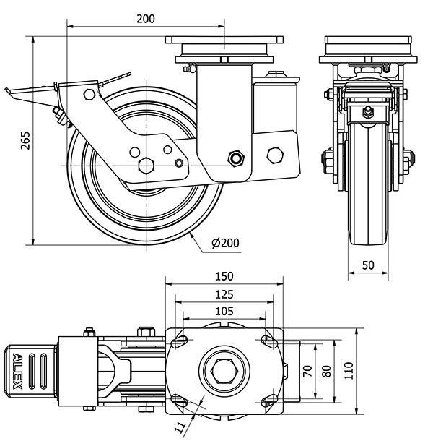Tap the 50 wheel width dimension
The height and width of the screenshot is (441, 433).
(368, 265)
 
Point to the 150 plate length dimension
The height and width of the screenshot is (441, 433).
(224, 275)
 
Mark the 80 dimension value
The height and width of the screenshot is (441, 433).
(326, 372)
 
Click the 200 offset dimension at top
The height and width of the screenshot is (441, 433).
(145, 20)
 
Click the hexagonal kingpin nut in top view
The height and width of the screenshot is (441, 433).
(223, 372)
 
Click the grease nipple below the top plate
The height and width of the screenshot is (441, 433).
(190, 69)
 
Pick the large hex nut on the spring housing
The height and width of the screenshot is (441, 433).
(275, 155)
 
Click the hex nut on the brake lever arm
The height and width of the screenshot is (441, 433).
(89, 94)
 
